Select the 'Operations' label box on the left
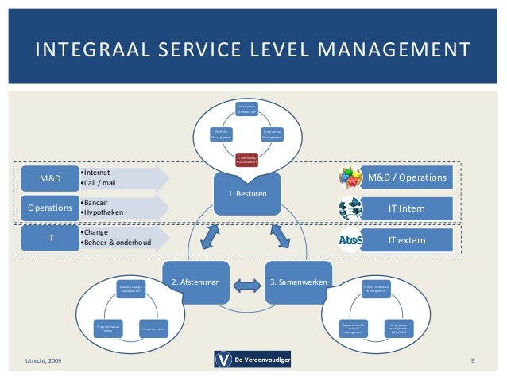click(52, 209)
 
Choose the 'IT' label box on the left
click(52, 238)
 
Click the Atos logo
click(351, 238)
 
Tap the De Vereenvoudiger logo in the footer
click(253, 360)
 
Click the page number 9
click(472, 362)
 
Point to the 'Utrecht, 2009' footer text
click(43, 362)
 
